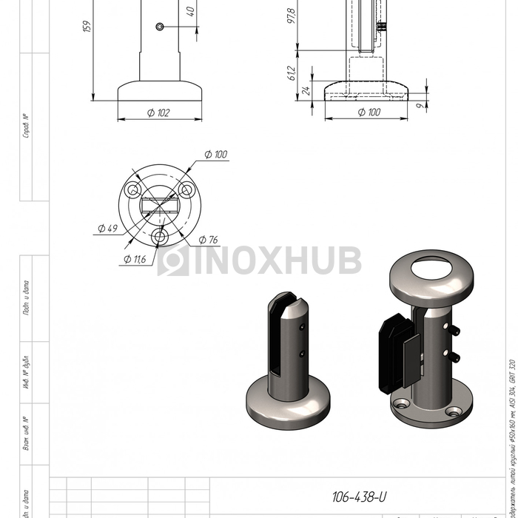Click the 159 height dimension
coord(87,26)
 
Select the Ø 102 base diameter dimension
coord(158,112)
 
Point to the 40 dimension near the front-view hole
coord(191,12)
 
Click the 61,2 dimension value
coord(291,73)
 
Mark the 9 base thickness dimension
coord(420,107)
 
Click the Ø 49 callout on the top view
coord(107,229)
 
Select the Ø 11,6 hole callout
coord(135,259)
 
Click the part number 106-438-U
coord(359,497)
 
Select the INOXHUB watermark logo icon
coord(172,260)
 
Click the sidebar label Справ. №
coord(27,126)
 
